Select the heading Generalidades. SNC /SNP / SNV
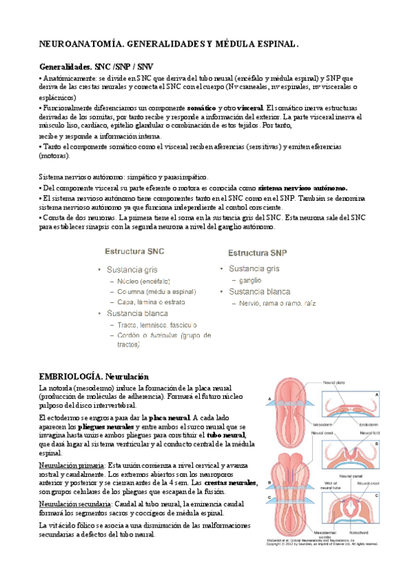coord(96,68)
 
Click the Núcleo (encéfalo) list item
coord(144,281)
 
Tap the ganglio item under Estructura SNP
coord(252,280)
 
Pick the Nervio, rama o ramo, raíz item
coord(277,304)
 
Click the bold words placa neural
coord(169,417)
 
